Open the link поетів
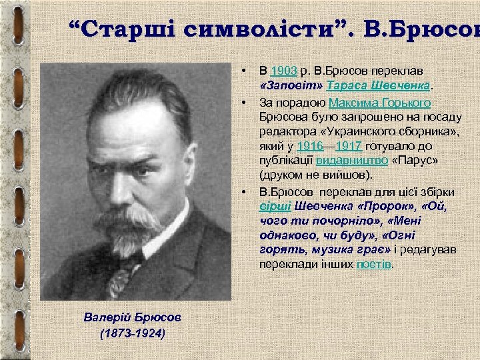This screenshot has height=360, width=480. click(374, 265)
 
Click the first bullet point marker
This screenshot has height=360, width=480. click(245, 69)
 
